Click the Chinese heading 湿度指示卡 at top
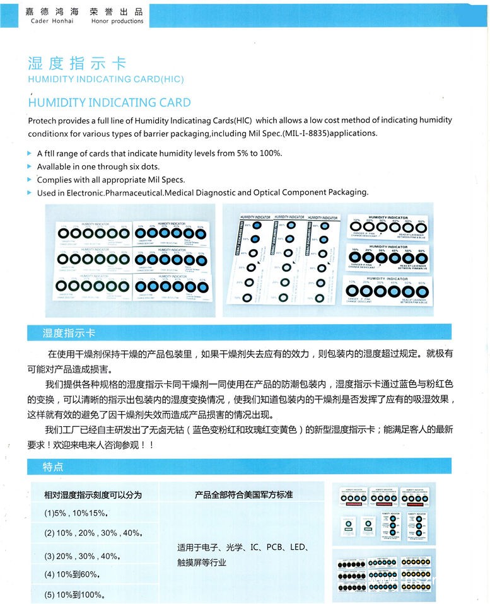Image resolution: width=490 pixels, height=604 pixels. coord(77,64)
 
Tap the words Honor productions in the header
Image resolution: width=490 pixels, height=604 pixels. coord(117,21)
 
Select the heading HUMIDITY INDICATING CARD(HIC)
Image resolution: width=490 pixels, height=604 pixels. coord(105,79)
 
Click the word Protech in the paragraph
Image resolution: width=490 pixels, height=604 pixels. coord(42,120)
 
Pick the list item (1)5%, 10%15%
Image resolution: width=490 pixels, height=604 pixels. coord(77,513)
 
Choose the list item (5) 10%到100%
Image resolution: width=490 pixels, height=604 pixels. coord(74,595)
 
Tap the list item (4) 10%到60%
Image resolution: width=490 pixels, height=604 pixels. coord(72,574)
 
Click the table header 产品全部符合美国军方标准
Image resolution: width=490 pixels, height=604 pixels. coord(243,495)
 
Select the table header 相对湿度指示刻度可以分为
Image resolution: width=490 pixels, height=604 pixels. coord(93,495)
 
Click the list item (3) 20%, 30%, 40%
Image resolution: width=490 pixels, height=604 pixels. coord(81,556)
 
